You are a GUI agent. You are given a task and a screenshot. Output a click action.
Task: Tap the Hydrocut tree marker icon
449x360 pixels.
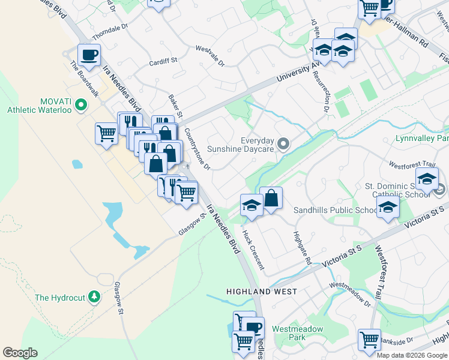coord(94,296)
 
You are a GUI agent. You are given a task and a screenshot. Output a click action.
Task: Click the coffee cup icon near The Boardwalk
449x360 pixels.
coord(89,55)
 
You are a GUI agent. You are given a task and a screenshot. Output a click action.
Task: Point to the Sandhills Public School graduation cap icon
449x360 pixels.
coord(388,208)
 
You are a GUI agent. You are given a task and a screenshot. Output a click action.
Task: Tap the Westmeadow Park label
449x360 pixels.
coord(297,332)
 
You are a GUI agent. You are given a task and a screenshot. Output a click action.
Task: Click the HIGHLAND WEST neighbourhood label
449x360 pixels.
coord(261,292)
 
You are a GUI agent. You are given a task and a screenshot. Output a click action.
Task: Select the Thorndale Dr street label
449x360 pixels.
coord(110,29)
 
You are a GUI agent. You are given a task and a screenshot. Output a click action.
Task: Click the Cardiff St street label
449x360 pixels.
coord(164,60)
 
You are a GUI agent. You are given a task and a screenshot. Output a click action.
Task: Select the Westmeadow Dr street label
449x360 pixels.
coord(350,293)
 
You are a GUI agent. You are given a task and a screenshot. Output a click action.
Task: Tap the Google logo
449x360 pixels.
coord(20,353)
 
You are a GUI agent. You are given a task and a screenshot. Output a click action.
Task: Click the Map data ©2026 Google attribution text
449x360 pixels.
coord(412,355)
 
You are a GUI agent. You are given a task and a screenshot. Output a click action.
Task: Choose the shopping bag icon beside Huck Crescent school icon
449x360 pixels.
coord(271,198)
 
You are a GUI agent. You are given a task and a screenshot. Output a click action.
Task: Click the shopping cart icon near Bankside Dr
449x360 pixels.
coord(369,340)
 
